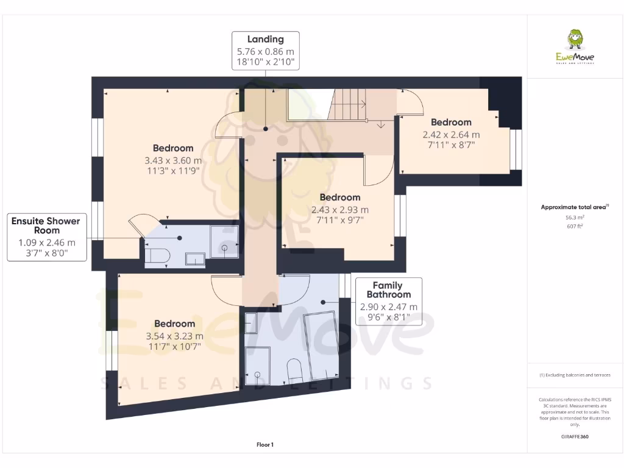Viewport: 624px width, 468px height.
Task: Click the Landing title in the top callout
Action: pos(265,40)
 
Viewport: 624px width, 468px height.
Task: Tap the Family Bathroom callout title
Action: pos(388,289)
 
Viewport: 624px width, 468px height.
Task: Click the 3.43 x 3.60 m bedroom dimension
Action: pos(173,160)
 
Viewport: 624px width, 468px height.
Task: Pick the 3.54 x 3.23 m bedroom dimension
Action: pos(174,336)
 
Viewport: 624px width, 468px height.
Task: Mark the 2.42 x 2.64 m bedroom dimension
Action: pos(451,135)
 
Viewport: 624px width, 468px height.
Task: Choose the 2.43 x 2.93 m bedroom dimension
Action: pos(340,210)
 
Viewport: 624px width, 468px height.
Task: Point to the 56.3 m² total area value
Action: pos(575,216)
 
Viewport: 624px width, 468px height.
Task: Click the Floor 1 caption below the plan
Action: pos(265,445)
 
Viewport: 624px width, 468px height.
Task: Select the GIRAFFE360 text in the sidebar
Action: pos(575,436)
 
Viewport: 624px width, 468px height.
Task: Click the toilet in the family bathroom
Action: pos(294,370)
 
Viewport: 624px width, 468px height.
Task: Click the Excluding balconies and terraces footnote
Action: pos(575,375)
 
